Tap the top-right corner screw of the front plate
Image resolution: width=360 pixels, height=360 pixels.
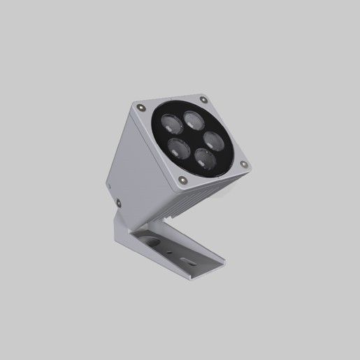click(x=203, y=99)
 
